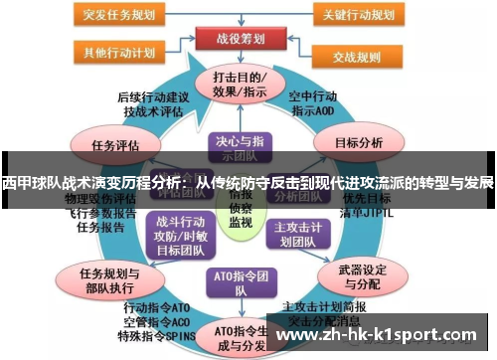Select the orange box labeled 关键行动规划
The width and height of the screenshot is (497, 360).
pos(362,16)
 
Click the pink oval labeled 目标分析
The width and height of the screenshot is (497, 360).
pos(358,142)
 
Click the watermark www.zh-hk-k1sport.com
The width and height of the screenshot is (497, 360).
pos(383,336)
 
